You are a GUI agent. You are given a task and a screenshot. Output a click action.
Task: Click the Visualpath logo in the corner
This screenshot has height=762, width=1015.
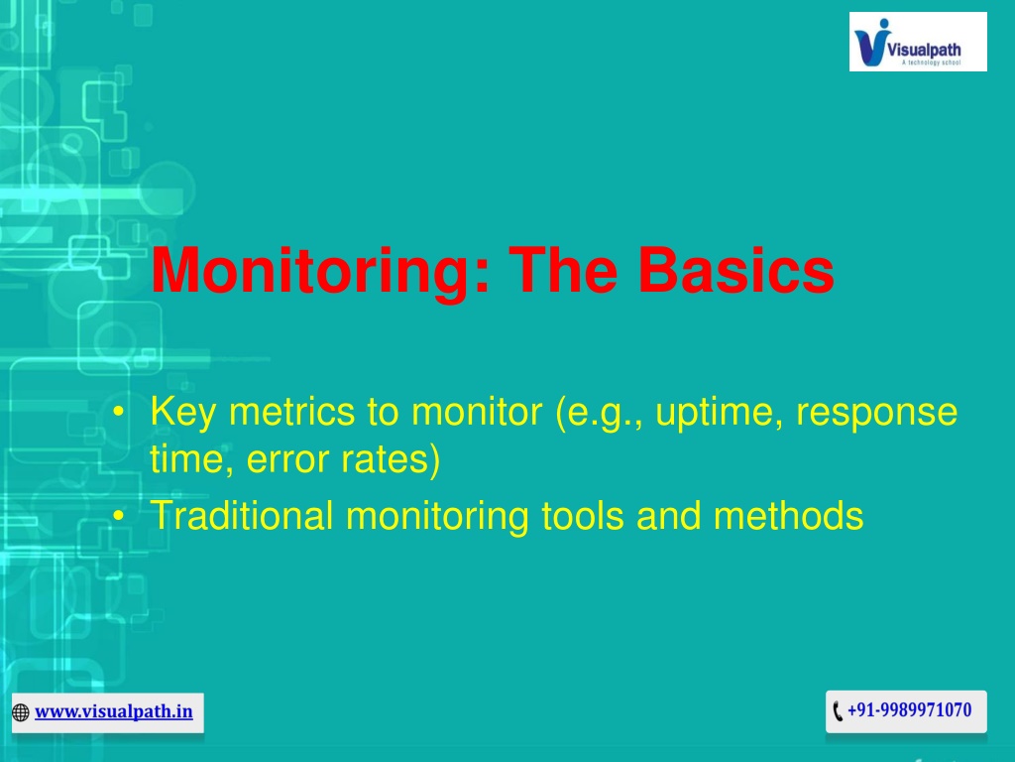point(918,42)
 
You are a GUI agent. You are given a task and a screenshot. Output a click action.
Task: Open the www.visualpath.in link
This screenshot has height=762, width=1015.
point(114,711)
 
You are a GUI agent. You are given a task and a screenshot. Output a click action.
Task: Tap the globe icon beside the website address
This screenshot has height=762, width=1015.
point(21,712)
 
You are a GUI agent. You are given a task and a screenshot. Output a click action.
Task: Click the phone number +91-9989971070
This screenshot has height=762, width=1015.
point(910,710)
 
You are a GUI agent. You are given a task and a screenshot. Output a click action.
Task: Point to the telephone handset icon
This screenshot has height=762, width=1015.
point(838,710)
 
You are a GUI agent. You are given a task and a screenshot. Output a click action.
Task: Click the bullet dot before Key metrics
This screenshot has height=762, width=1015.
point(118,412)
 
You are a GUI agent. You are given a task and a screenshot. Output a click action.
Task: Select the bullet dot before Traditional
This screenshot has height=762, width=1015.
point(118,516)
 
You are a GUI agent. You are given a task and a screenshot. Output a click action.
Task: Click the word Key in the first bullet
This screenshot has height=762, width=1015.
point(182,412)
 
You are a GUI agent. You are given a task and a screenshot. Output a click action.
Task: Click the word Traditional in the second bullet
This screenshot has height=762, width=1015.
point(242,516)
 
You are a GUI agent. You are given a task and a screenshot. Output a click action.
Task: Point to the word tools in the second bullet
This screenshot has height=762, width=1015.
point(583,516)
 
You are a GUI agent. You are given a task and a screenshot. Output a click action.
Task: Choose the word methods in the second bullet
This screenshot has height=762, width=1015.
point(788,516)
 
